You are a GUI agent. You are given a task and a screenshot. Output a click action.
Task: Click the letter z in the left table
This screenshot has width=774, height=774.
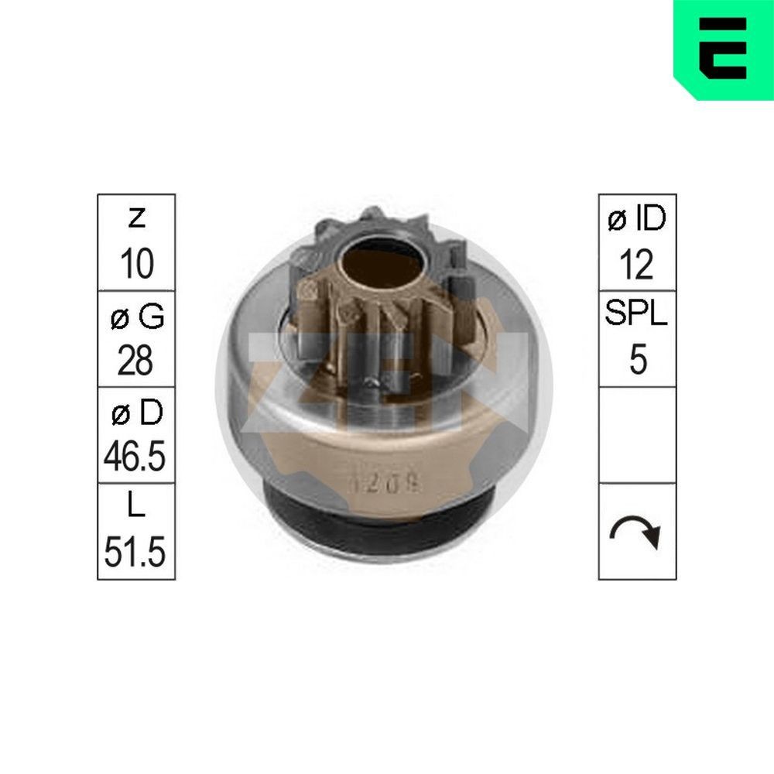click(136, 220)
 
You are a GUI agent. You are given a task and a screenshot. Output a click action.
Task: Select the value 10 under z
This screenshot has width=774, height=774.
click(136, 264)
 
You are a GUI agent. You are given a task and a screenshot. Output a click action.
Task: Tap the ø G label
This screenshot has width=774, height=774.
click(136, 317)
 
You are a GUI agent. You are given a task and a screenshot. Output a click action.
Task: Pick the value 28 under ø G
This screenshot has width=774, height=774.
click(136, 361)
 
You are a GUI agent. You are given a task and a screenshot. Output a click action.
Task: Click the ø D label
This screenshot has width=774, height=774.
click(136, 413)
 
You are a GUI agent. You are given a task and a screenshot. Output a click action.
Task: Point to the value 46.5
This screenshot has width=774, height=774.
click(136, 457)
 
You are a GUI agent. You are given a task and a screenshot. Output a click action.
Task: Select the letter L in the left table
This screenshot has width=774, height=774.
click(136, 509)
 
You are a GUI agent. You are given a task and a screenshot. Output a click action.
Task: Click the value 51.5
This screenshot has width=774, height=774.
click(136, 554)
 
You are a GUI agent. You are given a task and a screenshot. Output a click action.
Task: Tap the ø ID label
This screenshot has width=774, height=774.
click(637, 220)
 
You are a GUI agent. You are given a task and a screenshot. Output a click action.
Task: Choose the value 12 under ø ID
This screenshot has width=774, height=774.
click(637, 264)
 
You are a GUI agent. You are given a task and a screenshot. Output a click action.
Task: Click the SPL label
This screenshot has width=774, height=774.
click(637, 317)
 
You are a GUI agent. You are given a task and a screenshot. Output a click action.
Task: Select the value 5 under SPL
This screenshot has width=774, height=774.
click(637, 361)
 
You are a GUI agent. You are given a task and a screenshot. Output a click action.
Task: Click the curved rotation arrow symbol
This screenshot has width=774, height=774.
click(637, 532)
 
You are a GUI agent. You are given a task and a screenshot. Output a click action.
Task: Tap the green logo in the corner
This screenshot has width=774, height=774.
click(723, 49)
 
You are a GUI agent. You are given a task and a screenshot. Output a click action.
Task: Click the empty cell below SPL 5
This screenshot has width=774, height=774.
click(637, 435)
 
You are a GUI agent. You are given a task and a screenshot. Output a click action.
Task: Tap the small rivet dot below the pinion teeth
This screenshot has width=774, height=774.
click(375, 380)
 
